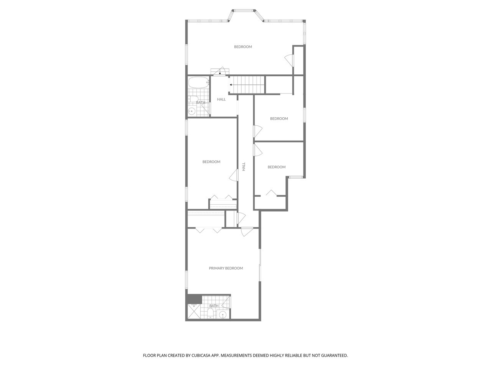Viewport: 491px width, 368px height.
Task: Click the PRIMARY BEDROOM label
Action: coord(226,268)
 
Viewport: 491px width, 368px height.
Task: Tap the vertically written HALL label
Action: coord(244,167)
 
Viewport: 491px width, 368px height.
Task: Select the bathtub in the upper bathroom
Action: coord(199,83)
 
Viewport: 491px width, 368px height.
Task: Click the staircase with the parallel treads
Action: coord(247,85)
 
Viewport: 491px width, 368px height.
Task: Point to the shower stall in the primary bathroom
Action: coord(194,311)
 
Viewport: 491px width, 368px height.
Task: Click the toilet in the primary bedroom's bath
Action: coord(211,314)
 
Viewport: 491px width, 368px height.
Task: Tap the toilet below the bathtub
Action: coord(193,99)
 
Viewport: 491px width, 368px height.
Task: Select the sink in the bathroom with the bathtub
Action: coord(191,111)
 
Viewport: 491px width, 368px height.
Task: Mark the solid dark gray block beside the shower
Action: coord(194,299)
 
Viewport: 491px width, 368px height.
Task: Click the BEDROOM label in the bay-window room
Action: coord(243,47)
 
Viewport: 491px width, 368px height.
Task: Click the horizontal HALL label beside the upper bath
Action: coord(221,99)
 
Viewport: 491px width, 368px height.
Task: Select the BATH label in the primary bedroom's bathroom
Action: coord(214,306)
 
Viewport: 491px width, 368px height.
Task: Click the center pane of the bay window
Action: coord(243,10)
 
